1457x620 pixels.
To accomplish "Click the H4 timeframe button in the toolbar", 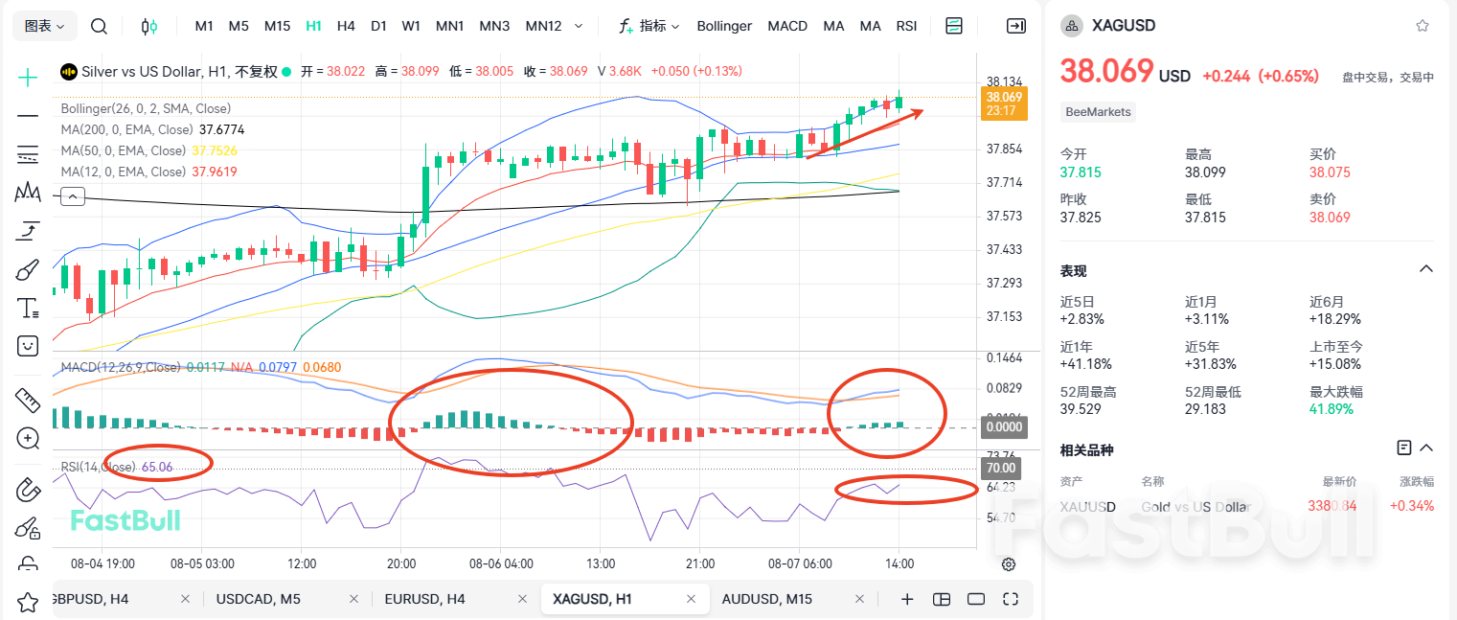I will (x=346, y=26).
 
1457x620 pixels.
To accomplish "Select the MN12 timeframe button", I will (x=543, y=26).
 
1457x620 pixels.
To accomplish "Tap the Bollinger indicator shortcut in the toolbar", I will (x=724, y=26).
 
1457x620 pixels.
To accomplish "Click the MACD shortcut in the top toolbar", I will (x=787, y=26).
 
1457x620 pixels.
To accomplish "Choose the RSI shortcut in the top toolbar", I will (x=906, y=26).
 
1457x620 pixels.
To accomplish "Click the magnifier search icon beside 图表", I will (x=99, y=26).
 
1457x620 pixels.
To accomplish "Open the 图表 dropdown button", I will (x=45, y=26).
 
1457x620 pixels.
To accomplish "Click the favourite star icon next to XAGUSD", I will (x=1422, y=26).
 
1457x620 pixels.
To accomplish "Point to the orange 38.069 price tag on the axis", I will (x=1004, y=98).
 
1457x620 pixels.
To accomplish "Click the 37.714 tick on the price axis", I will (x=1003, y=182).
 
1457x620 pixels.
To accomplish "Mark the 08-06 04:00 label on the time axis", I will (x=501, y=563).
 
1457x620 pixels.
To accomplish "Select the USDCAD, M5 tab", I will (x=259, y=599).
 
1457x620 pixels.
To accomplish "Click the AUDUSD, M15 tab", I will (x=766, y=599).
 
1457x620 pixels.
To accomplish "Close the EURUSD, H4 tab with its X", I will (x=522, y=599).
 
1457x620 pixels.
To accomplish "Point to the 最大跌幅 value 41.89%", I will (x=1332, y=408).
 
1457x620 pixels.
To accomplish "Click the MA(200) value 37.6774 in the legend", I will (x=222, y=129).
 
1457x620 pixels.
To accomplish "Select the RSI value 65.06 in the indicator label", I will (x=157, y=467).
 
